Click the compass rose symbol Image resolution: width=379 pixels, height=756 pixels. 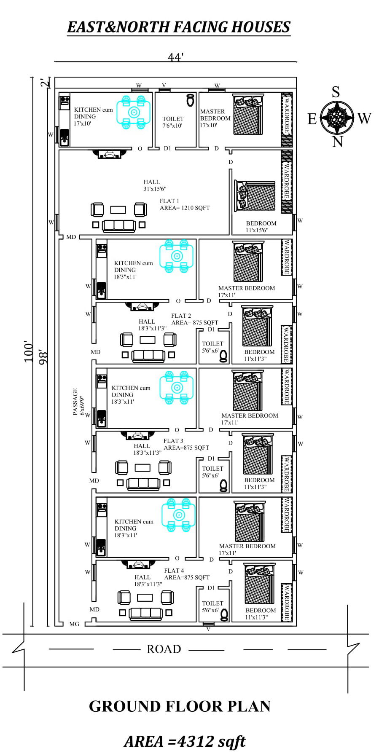coord(336,117)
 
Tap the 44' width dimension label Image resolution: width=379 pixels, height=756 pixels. coord(175,57)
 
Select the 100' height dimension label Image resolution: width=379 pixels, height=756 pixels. coord(28,351)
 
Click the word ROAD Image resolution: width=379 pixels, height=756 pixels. coord(164,649)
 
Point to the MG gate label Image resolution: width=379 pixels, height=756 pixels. coord(74,624)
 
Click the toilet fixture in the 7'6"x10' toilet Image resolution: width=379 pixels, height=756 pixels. coord(191,100)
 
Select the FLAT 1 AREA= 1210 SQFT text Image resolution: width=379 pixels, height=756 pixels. coord(184,204)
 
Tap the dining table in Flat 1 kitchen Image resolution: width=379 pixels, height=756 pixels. coord(134,112)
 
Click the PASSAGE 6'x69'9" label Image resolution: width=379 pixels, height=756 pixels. coord(78,402)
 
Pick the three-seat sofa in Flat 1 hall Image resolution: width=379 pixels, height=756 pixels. coord(119,225)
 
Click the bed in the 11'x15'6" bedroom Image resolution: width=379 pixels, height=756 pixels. coord(255,197)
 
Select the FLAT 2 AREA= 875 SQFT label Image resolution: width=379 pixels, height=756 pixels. coord(194,319)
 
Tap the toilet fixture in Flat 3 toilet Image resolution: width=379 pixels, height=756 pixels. coord(223,486)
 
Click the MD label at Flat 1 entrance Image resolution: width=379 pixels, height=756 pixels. coord(71,237)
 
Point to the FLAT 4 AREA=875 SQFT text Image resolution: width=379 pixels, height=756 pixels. coord(186,574)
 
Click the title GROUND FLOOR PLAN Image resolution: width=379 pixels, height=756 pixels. coord(180,707)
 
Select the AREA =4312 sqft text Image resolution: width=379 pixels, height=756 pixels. coord(184,741)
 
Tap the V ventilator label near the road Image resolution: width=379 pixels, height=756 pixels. coord(208,629)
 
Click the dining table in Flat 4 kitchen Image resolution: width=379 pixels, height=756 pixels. coord(179,515)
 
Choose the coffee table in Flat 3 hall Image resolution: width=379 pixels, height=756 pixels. coord(142,468)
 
